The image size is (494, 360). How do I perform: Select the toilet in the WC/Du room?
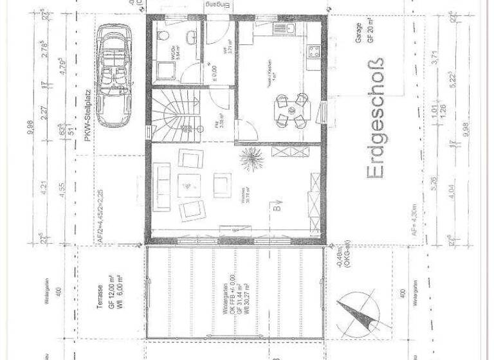click(x=164, y=35)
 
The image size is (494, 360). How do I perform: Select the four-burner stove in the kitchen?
click(x=313, y=50)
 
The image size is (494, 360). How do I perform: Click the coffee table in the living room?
click(x=188, y=184)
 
